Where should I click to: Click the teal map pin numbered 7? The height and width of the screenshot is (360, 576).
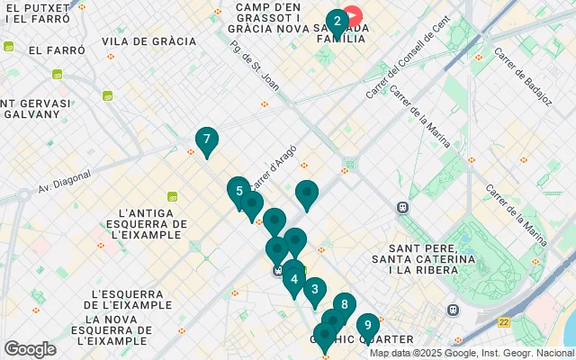click(207, 140)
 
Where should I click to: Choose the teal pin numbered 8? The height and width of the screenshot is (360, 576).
click(344, 305)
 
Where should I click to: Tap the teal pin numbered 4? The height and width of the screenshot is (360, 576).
click(294, 280)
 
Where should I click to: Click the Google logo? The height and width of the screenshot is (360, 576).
click(30, 349)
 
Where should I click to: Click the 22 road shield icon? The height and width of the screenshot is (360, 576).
click(504, 321)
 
